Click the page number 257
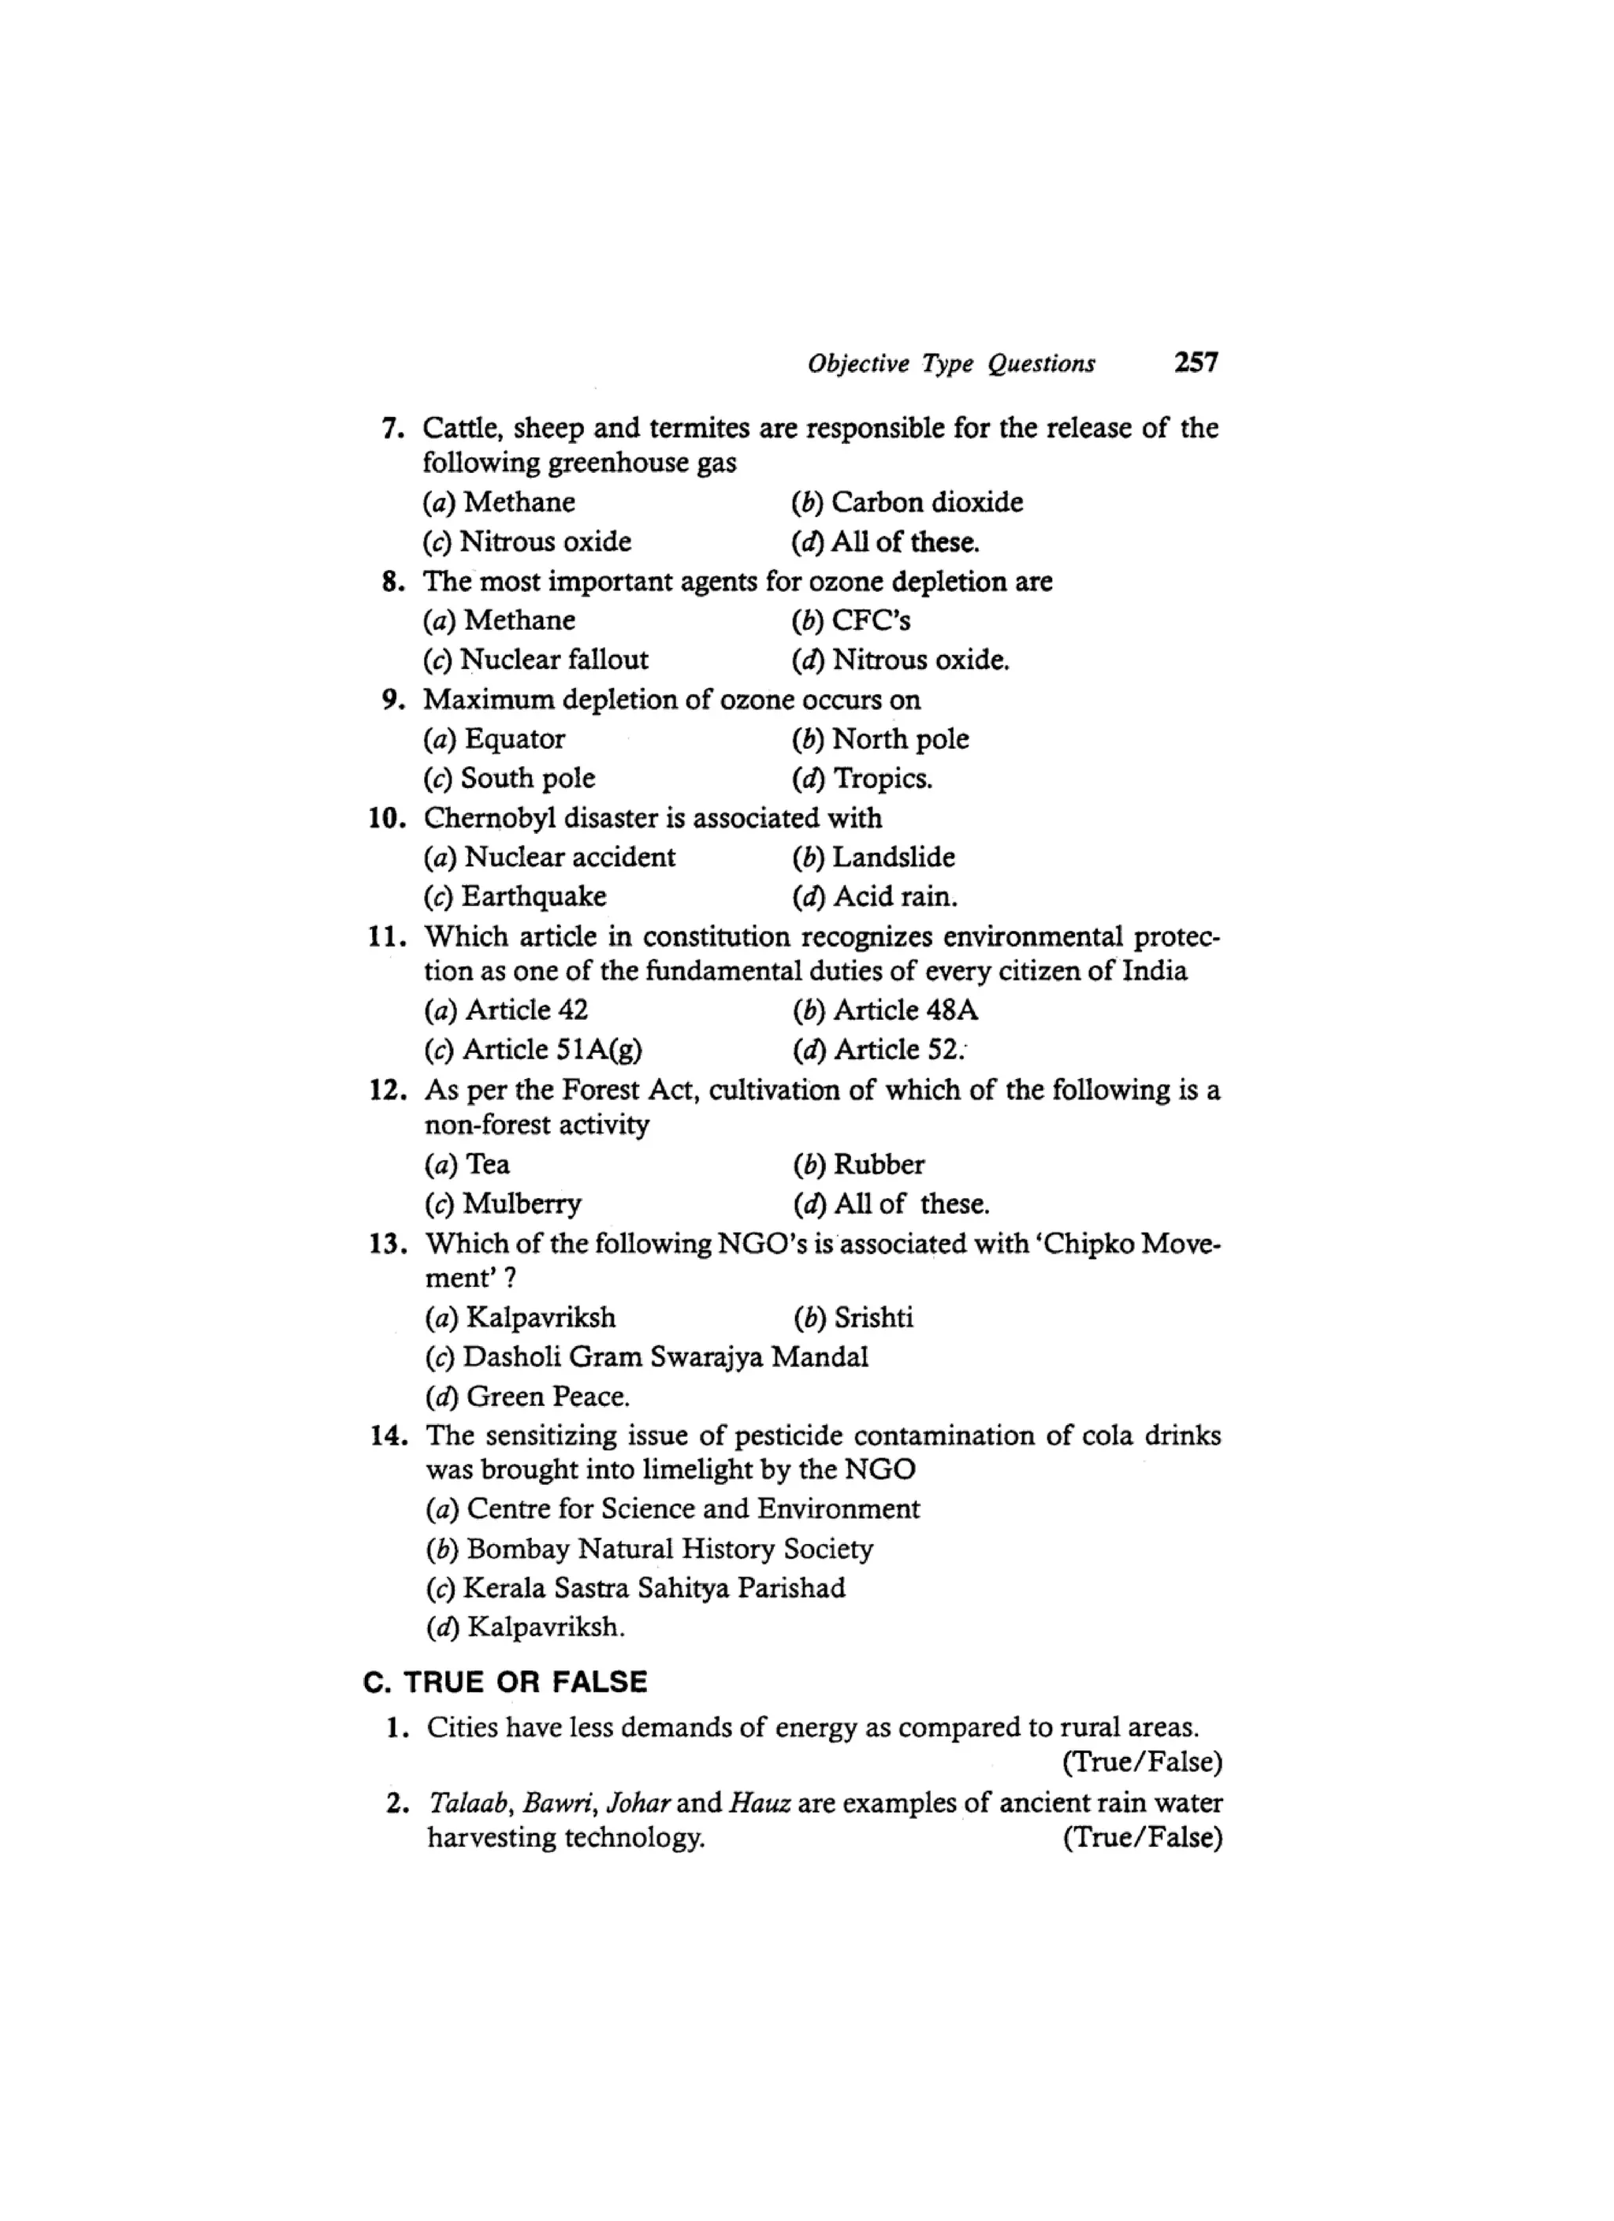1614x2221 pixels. tap(1196, 363)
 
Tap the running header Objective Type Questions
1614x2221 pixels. tap(951, 364)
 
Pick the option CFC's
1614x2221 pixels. tap(851, 620)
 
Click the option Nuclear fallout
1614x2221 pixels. tap(536, 660)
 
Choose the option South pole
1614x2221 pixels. tap(509, 779)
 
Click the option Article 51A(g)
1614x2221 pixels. tap(534, 1050)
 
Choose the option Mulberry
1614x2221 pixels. tap(504, 1204)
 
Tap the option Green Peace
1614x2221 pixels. tap(529, 1397)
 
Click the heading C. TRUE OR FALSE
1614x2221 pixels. tap(505, 1683)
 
